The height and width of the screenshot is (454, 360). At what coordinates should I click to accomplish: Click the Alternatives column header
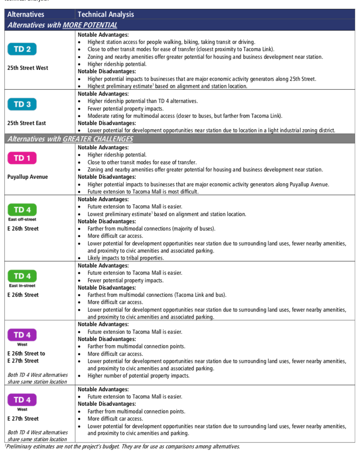pos(25,14)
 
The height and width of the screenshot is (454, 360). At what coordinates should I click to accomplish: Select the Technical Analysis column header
pos(106,14)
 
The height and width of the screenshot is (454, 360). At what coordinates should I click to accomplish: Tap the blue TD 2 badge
pos(22,50)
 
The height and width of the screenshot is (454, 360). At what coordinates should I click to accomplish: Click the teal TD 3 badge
pos(22,104)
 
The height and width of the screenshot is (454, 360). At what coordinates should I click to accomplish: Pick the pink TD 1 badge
pos(22,158)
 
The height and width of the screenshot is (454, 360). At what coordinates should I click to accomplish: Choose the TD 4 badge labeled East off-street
pos(22,210)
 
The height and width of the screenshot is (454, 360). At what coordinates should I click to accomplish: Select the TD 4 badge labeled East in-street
pos(22,276)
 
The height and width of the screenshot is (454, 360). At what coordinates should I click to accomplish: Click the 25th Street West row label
pos(28,68)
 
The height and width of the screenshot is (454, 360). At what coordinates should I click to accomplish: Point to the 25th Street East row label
pos(27,123)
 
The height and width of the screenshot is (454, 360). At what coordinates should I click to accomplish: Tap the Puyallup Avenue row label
pos(27,177)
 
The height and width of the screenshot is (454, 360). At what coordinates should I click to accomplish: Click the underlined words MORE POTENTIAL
pos(90,25)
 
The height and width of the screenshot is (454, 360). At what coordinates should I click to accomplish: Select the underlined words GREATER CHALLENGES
pos(98,139)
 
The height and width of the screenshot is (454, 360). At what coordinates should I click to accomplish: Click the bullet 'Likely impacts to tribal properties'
pos(126,258)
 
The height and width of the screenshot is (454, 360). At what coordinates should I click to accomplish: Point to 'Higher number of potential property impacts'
pos(139,376)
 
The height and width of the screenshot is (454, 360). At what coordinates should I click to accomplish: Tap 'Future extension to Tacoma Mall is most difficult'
pos(143,192)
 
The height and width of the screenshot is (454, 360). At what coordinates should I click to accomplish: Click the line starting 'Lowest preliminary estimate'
pos(167,214)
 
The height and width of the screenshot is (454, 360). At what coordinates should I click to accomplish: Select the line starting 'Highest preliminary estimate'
pos(167,86)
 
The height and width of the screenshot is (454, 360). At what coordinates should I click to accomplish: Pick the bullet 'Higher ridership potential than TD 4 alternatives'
pos(143,101)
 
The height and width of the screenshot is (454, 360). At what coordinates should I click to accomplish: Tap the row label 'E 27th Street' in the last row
pos(23,418)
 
